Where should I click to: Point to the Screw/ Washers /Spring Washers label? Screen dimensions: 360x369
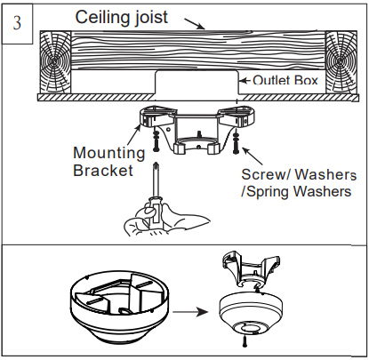tap(297, 182)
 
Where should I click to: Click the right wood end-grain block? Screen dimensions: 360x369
tap(341, 60)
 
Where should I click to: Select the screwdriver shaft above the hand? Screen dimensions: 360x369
tap(157, 181)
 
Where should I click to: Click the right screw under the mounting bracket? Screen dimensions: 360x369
tap(235, 139)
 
